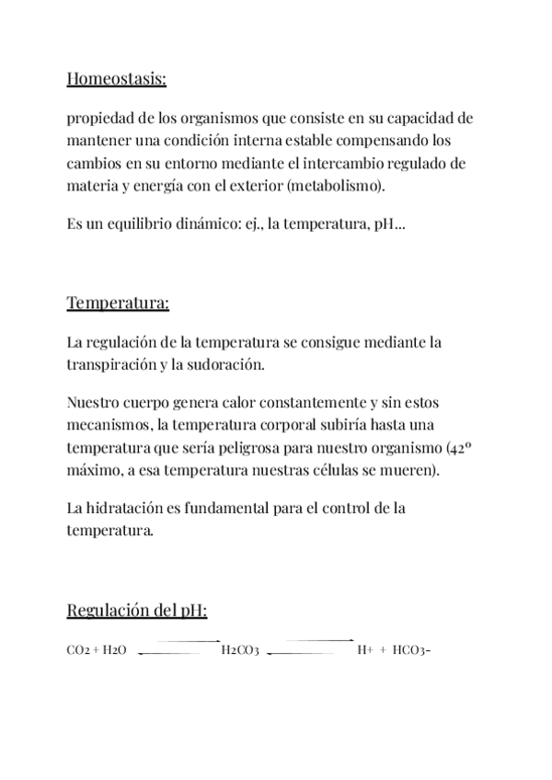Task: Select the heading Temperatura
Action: pos(118,304)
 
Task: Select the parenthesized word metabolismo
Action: pos(345,186)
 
